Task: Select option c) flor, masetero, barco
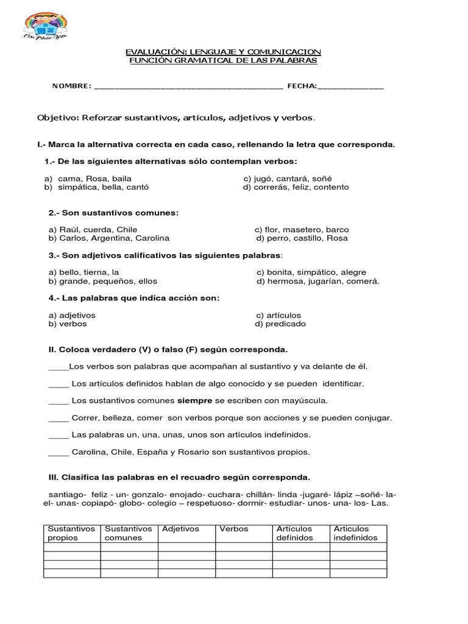[302, 230]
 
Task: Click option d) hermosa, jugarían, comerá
[317, 281]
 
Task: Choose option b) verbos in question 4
[68, 324]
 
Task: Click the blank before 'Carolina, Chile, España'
[58, 452]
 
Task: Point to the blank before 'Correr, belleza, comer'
[58, 418]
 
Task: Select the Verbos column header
[234, 529]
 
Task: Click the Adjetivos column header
[180, 529]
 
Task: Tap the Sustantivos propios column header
[71, 533]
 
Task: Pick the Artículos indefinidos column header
[356, 533]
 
